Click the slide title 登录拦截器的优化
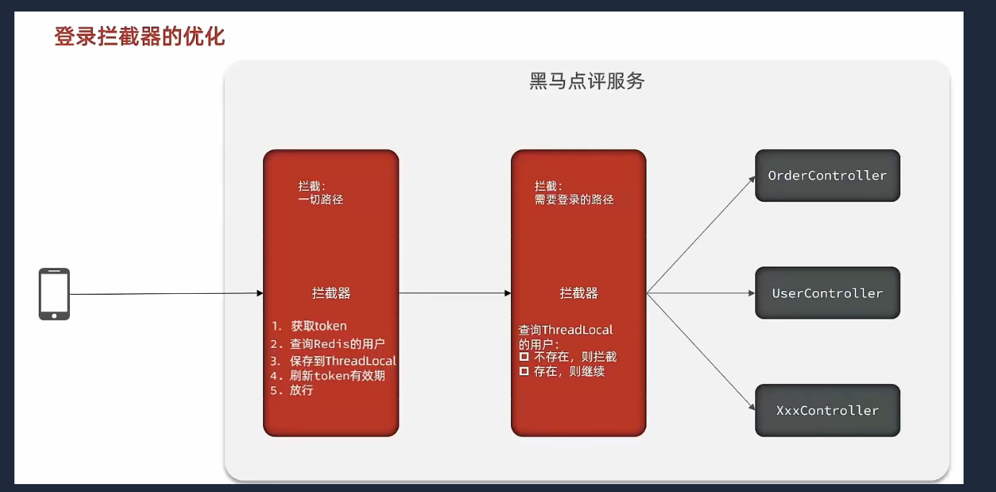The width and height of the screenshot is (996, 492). [140, 36]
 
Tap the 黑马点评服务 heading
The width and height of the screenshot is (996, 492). [587, 81]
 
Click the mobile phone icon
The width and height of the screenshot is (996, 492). [54, 294]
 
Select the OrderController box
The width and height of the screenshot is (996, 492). [827, 176]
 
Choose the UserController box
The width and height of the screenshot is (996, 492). [827, 293]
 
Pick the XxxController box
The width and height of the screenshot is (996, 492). [827, 411]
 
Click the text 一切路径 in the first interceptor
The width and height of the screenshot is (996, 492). [321, 200]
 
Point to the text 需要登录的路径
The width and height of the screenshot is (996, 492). [574, 200]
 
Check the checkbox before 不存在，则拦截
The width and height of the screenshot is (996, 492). [525, 357]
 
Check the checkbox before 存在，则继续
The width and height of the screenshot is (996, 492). [525, 372]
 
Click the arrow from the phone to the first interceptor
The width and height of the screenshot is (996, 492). [166, 294]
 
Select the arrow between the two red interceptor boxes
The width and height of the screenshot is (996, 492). [454, 293]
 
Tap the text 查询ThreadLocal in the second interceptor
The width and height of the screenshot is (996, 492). [566, 330]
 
